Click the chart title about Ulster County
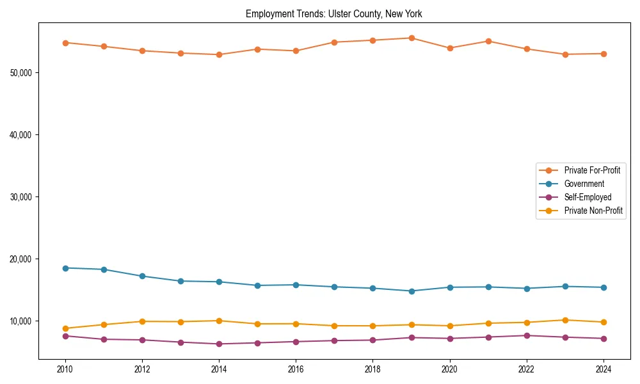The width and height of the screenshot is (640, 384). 333,14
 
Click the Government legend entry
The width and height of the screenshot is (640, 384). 584,184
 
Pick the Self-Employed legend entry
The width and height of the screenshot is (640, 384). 588,197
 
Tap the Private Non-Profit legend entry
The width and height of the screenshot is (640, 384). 593,211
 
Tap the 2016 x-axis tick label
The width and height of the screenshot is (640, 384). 296,369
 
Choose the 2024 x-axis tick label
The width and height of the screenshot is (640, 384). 604,369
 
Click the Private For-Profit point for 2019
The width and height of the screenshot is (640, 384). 412,38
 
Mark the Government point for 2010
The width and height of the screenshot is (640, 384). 65,268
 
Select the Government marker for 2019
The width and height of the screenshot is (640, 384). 412,291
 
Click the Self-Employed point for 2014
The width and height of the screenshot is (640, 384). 219,344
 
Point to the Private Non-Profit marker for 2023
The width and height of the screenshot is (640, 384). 565,320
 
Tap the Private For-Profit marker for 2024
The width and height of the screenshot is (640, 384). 604,54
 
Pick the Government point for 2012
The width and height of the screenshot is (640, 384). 142,276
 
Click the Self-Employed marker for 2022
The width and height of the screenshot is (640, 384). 527,335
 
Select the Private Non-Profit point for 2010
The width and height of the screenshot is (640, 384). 65,328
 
